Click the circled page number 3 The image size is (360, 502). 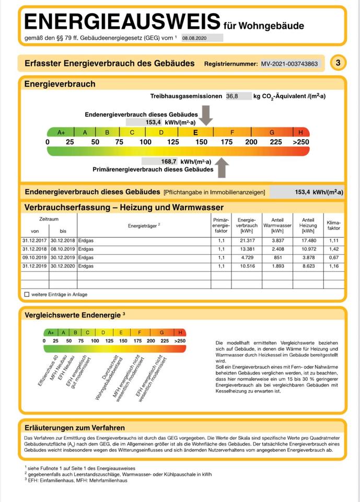pos(338,63)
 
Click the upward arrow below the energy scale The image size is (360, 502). pos(222,167)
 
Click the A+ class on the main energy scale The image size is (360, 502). pos(61,132)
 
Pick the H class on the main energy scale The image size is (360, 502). pos(300,132)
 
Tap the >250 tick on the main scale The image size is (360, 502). pos(300,142)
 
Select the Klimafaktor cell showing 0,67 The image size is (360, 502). pos(333,257)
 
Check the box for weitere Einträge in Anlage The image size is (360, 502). pos(27,294)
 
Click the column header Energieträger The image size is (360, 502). pos(144,225)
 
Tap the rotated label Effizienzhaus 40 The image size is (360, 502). pos(48,372)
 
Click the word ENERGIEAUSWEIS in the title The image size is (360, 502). pos(122,21)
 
